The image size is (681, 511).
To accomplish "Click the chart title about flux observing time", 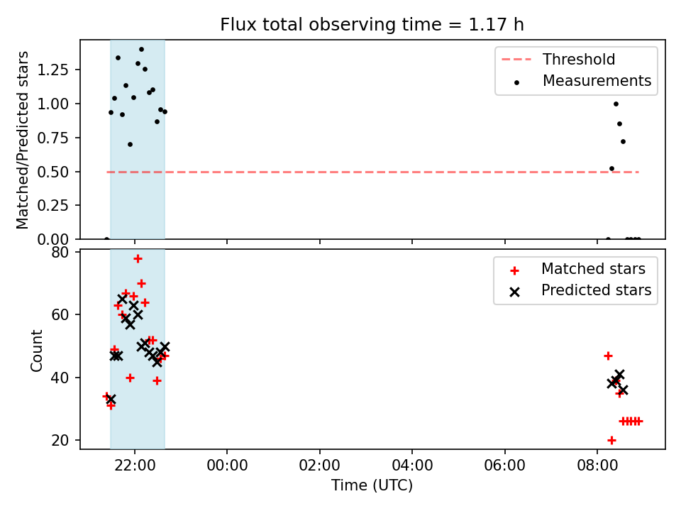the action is (372, 24).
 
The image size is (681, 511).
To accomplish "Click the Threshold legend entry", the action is (558, 59).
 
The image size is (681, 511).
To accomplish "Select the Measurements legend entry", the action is (582, 81).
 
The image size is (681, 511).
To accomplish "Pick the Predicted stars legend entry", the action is (580, 290).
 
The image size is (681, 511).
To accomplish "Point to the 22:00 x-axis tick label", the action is (135, 466).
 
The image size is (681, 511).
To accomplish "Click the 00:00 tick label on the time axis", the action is (227, 466).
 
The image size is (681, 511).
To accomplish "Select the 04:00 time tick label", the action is (412, 466).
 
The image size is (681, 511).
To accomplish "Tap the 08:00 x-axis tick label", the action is (597, 466).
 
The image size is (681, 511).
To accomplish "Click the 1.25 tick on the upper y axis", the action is (52, 70).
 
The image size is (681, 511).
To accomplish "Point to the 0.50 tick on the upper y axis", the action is (52, 172).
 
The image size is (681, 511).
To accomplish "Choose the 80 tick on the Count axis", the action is (60, 252).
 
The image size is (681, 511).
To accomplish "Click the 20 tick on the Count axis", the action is (60, 440).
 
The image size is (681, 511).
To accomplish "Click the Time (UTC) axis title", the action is (372, 485).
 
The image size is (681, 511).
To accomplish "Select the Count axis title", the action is (36, 350).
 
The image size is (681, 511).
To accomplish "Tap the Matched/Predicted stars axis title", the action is (22, 140).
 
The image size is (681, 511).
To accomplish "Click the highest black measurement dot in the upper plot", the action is (141, 50).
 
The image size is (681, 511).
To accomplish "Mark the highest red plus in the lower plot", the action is (138, 259).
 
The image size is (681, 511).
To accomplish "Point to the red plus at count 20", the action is (611, 441).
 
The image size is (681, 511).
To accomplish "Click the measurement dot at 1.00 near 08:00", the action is (616, 104).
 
